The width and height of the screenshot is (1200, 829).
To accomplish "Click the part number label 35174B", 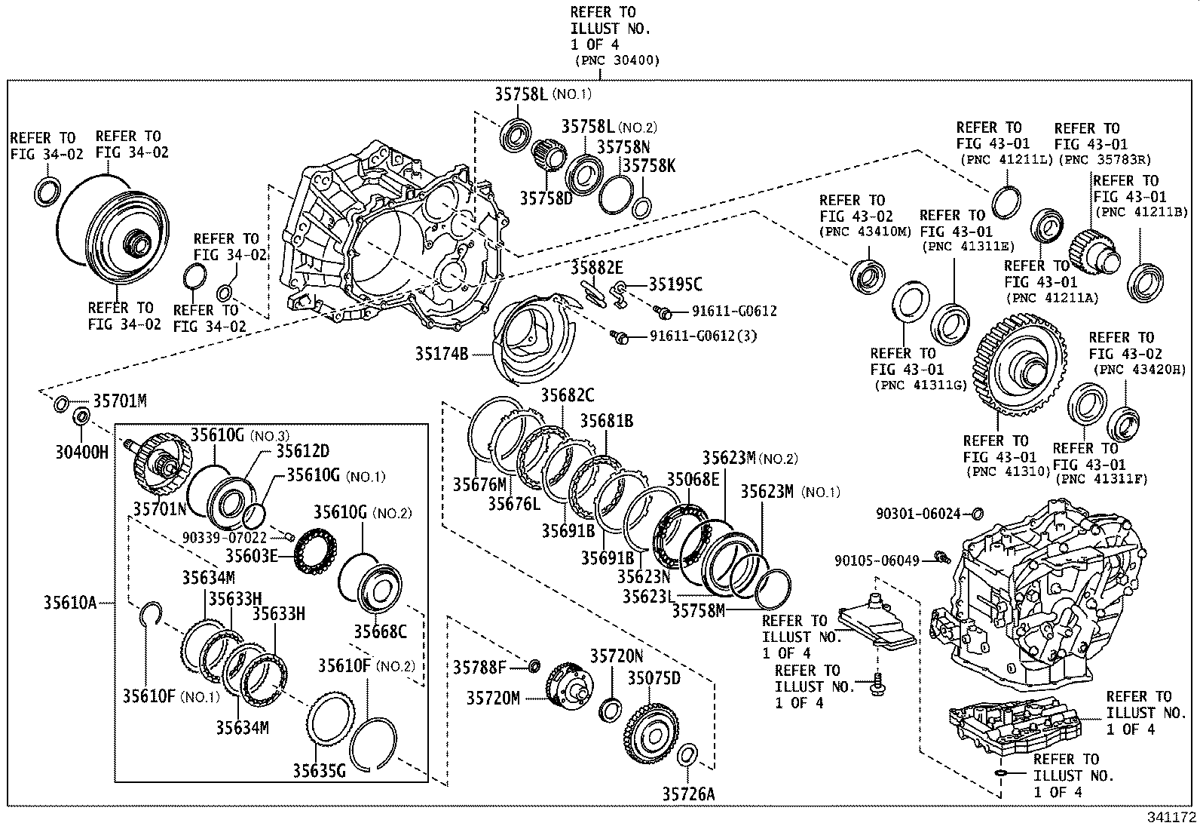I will (441, 352).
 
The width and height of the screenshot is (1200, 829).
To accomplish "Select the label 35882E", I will (596, 267).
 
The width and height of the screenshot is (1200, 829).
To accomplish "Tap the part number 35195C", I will (675, 284).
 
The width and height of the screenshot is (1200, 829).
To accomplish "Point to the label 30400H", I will (81, 453).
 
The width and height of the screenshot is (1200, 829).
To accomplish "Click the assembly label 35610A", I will (69, 603).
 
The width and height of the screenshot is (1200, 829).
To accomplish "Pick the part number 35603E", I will (252, 556).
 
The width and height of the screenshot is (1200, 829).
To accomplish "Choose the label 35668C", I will (380, 631).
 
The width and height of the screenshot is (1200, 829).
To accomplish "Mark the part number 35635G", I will (319, 770).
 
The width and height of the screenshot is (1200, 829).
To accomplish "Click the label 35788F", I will (479, 667).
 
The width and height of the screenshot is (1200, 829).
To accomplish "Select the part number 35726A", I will (688, 793).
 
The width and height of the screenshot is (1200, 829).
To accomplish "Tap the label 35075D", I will (654, 678).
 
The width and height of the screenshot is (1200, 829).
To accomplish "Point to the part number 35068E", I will (692, 480).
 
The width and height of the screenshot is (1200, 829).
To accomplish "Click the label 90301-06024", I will (918, 514).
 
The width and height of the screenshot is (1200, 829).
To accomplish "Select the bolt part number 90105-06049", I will (877, 560).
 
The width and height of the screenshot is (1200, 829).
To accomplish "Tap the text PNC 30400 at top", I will (617, 61).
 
